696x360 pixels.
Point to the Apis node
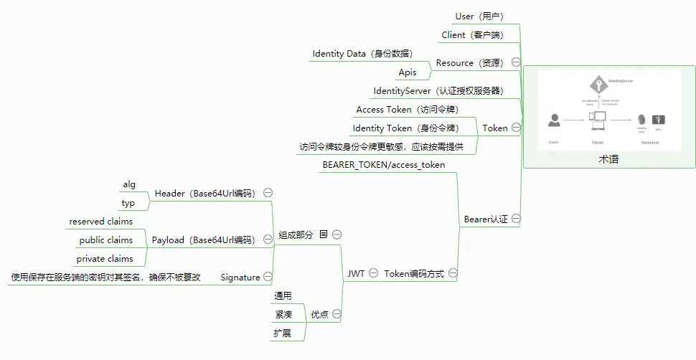(408, 72)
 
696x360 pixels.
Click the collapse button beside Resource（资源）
(516, 63)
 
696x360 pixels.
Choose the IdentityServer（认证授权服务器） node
(438, 91)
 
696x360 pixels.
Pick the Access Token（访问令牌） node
(407, 110)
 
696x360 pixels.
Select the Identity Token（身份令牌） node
(405, 128)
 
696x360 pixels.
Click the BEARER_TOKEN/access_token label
(384, 165)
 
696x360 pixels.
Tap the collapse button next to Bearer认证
(516, 219)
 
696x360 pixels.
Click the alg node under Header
(129, 184)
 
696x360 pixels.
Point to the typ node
(128, 203)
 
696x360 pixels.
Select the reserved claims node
(101, 222)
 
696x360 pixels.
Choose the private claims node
(105, 259)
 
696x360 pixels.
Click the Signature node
(240, 278)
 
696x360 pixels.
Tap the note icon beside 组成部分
(324, 235)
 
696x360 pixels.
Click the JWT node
(356, 274)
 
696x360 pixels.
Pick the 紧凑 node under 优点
(283, 315)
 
